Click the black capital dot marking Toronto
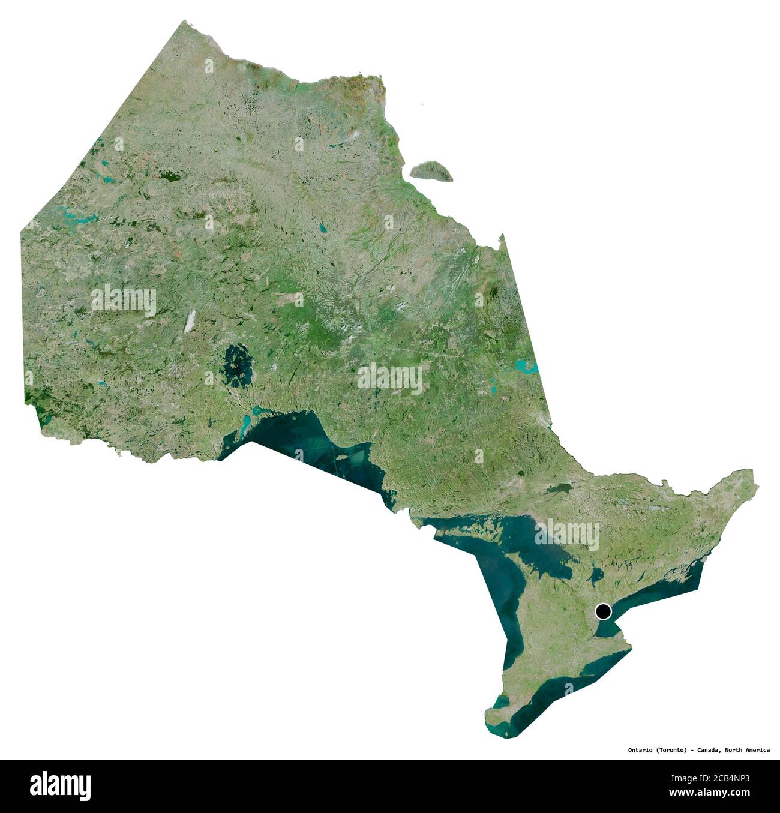(x=603, y=611)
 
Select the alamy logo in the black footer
(x=61, y=785)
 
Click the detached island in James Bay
(x=431, y=170)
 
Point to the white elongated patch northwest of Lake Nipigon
(x=190, y=321)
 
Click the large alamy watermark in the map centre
(x=390, y=378)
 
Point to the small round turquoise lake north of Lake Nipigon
(x=322, y=228)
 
